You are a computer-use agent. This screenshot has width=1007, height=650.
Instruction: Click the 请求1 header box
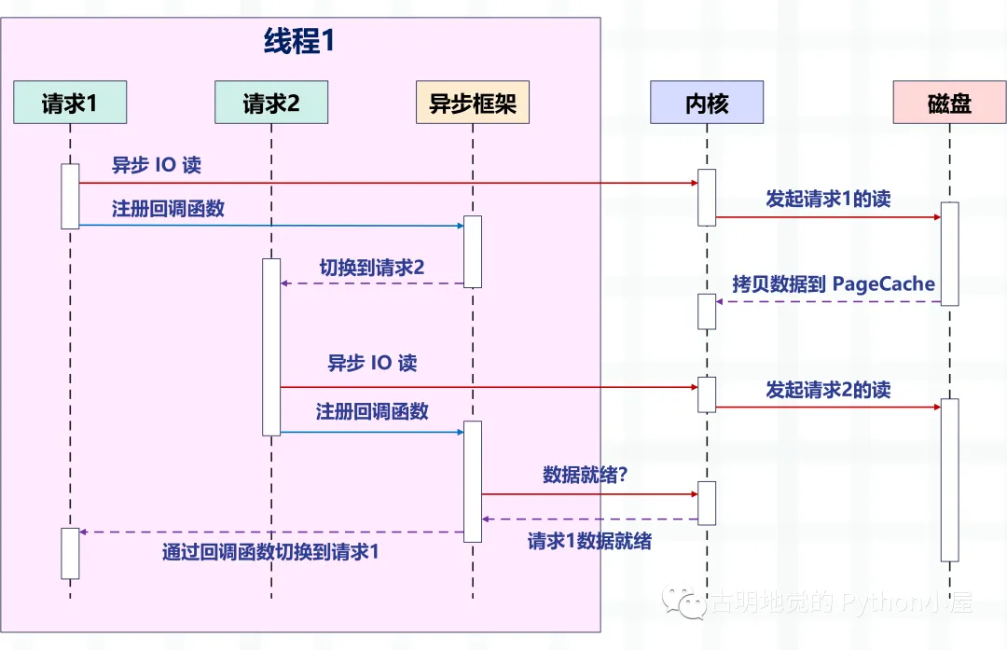[x=70, y=103]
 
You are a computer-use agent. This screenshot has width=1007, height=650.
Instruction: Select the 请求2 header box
[x=271, y=103]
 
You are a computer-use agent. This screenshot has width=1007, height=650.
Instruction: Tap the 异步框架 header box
[x=473, y=103]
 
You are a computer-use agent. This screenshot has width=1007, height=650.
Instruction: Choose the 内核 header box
[x=707, y=103]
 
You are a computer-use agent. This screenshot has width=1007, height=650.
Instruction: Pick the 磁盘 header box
[x=949, y=103]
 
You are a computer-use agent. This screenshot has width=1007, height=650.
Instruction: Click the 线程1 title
[x=299, y=41]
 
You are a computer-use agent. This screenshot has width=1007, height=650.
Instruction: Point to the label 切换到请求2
[x=372, y=268]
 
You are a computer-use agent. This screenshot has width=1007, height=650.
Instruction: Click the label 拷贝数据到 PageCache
[x=834, y=284]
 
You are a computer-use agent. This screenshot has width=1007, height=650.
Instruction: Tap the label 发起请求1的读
[x=829, y=199]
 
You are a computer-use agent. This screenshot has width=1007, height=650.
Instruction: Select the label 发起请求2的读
[x=829, y=389]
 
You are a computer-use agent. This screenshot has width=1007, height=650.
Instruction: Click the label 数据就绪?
[x=585, y=475]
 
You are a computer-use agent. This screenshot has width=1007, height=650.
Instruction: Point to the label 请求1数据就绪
[x=589, y=541]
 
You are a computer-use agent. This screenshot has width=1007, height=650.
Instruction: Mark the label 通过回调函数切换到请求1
[x=270, y=552]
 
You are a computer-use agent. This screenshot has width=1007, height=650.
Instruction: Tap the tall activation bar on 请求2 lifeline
[x=271, y=347]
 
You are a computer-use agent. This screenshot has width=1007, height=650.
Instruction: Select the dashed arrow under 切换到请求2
[x=372, y=284]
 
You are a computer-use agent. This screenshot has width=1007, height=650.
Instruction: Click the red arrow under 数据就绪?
[x=589, y=494]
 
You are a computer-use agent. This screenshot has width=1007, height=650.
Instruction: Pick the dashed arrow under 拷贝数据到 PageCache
[x=829, y=301]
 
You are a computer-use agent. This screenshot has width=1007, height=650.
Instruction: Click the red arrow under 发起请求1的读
[x=829, y=217]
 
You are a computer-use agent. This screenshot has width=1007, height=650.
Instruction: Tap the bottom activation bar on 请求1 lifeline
[x=70, y=554]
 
